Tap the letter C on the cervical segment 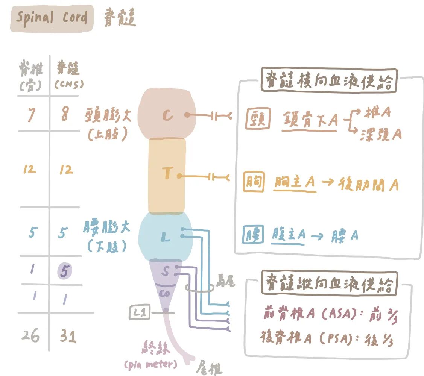click(x=168, y=115)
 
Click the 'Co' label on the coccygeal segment click(x=164, y=293)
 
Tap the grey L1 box click(x=139, y=312)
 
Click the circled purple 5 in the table click(x=64, y=271)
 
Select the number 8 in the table click(x=64, y=115)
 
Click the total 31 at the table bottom click(x=68, y=336)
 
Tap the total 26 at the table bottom click(x=30, y=336)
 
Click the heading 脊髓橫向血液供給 click(x=329, y=81)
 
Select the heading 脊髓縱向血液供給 click(x=329, y=283)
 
